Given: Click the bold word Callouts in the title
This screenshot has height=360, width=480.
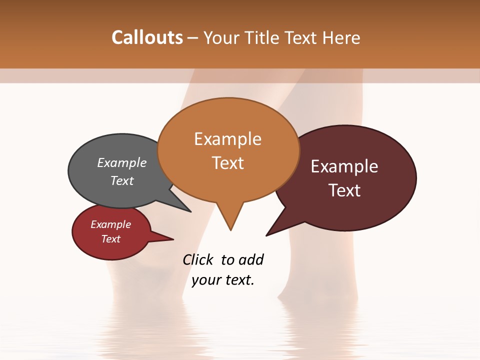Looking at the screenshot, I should [x=147, y=37].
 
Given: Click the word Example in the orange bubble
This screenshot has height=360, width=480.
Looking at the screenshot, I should [x=227, y=139].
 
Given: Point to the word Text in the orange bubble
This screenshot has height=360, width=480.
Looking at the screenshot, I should [x=227, y=163].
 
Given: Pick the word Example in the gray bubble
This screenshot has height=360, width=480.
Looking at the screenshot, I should [x=122, y=163].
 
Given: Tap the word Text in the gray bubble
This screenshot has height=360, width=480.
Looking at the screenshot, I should [x=122, y=180].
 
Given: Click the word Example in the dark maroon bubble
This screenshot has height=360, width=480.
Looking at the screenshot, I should [x=344, y=166].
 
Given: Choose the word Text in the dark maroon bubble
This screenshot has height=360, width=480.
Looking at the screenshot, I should [x=344, y=190].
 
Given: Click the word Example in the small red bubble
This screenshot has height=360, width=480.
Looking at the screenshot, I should [x=110, y=224].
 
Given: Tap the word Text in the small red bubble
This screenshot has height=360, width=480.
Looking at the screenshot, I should [x=110, y=239].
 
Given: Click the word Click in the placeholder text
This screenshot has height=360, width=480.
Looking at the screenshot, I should [x=199, y=259].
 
